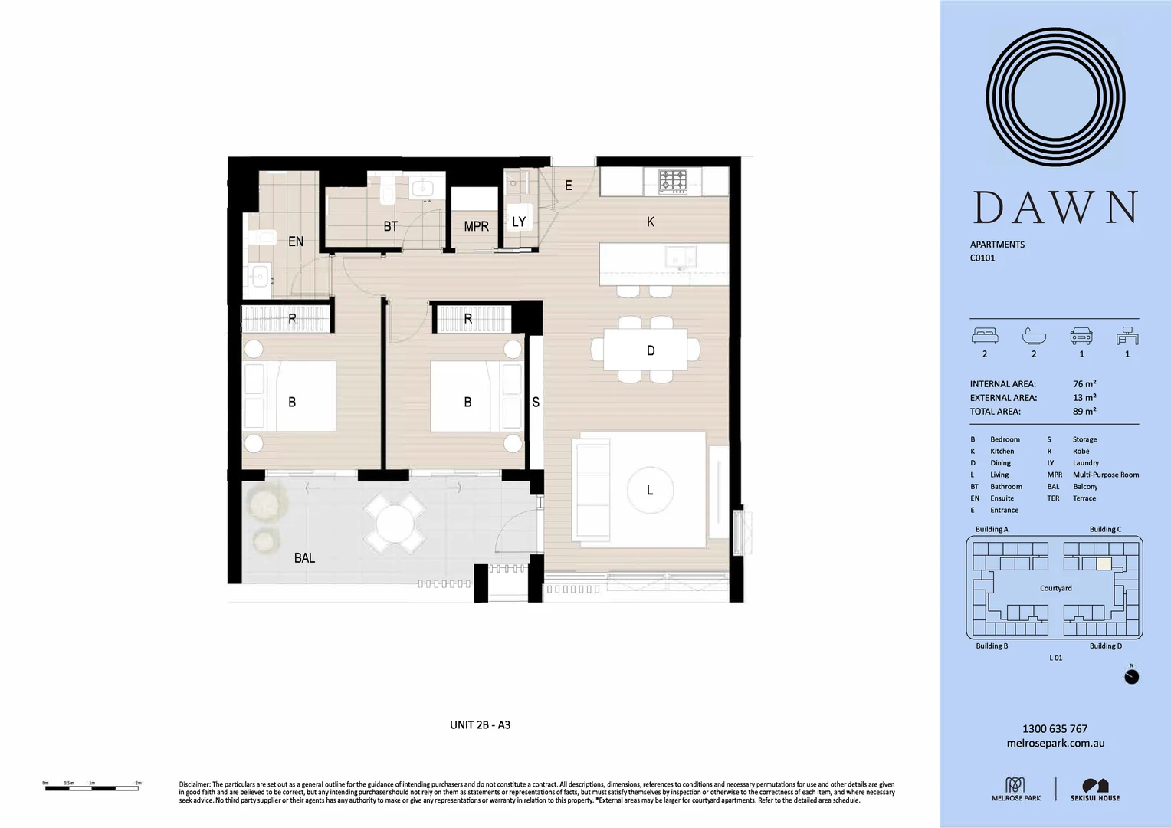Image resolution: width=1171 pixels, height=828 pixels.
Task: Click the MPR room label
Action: click(x=476, y=226)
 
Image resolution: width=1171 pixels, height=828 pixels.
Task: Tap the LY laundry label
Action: click(x=519, y=222)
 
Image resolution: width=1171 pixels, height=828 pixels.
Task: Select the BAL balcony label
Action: click(x=304, y=558)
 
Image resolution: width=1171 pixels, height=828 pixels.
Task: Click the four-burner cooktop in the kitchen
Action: click(x=674, y=181)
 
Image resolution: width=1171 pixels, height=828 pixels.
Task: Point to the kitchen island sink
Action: click(x=681, y=255)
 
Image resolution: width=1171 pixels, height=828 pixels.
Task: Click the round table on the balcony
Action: click(x=395, y=524)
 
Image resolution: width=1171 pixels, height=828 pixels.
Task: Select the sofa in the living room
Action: click(x=592, y=490)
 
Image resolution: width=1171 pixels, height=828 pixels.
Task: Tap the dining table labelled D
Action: click(x=650, y=350)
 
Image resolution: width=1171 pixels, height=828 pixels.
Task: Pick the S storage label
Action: click(x=536, y=402)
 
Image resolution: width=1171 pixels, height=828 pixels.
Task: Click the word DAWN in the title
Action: click(x=1055, y=208)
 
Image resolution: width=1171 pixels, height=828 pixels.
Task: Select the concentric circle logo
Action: click(x=1055, y=97)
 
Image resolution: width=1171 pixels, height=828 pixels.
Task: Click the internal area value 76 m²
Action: click(x=1084, y=384)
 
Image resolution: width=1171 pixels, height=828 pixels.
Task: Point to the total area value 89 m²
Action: click(x=1084, y=412)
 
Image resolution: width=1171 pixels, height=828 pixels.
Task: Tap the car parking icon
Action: click(x=1081, y=337)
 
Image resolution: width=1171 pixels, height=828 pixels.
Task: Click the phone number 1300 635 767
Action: click(x=1055, y=729)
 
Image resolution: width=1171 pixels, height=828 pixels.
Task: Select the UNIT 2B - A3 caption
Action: click(x=480, y=725)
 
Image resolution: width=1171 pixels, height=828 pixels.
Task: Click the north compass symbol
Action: click(x=1131, y=677)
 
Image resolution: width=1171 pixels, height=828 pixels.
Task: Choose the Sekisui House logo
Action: click(x=1095, y=790)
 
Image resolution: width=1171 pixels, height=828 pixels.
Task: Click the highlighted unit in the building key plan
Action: click(x=1104, y=563)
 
